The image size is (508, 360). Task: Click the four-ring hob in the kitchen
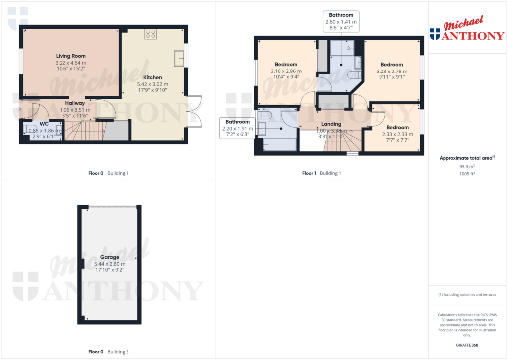point(151,34)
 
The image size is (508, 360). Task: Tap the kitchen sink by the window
point(179,58)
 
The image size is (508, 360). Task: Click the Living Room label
point(70,56)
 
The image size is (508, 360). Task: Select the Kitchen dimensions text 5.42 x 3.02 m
point(152,84)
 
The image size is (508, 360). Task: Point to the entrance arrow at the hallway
point(18,109)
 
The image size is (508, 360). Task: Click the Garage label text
point(110,257)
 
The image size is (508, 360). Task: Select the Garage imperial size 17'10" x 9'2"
point(110,270)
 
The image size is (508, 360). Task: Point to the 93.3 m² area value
point(466,167)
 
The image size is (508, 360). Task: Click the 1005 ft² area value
point(466,174)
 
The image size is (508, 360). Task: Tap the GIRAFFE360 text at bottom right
point(466,345)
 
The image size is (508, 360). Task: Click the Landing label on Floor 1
point(331,124)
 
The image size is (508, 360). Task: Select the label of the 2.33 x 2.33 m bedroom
point(397,128)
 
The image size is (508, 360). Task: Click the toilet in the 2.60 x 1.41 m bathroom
point(354,74)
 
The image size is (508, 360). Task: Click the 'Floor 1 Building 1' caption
point(321,173)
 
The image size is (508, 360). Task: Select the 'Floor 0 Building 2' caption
point(108,352)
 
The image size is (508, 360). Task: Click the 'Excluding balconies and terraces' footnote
point(466,295)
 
